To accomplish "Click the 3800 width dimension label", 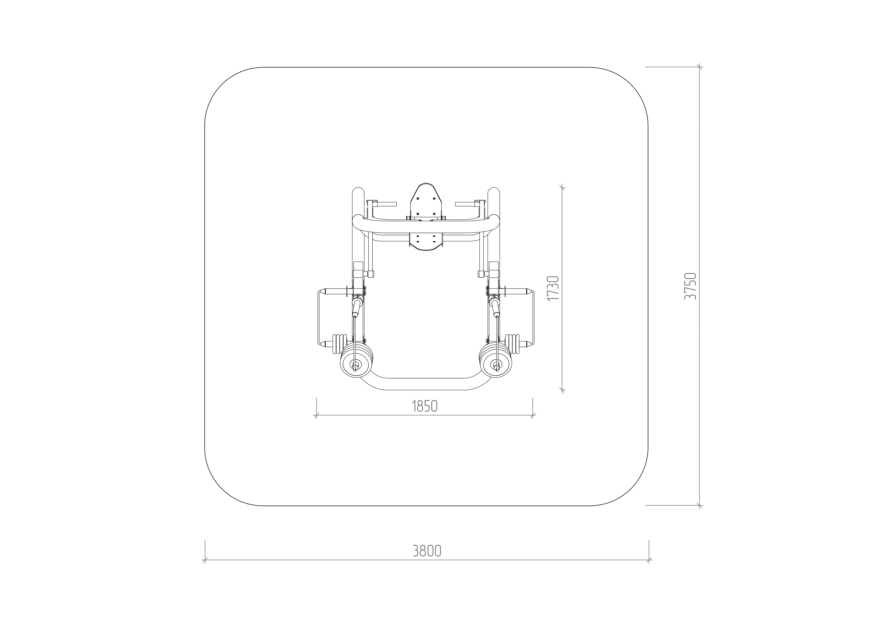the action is click(x=427, y=551).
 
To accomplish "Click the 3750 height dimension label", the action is click(x=690, y=286).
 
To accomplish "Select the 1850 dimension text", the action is click(x=424, y=406).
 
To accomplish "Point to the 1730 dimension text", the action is click(x=553, y=288).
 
